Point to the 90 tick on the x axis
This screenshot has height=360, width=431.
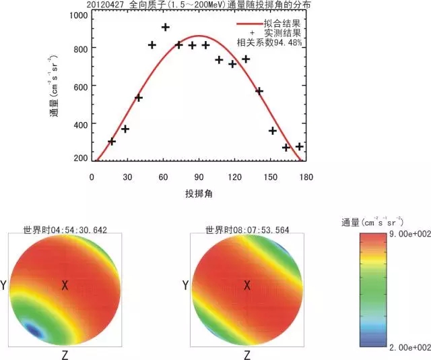click(x=199, y=177)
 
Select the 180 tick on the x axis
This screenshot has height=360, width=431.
click(x=306, y=177)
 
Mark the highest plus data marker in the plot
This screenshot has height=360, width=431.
click(x=166, y=28)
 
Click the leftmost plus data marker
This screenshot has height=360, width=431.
click(x=112, y=142)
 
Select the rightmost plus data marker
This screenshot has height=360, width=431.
click(x=300, y=146)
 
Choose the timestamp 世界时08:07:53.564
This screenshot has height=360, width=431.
click(x=248, y=229)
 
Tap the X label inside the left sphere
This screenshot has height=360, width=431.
click(x=65, y=286)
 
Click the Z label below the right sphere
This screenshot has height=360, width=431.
click(x=247, y=354)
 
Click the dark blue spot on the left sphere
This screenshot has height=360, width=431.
click(x=32, y=328)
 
